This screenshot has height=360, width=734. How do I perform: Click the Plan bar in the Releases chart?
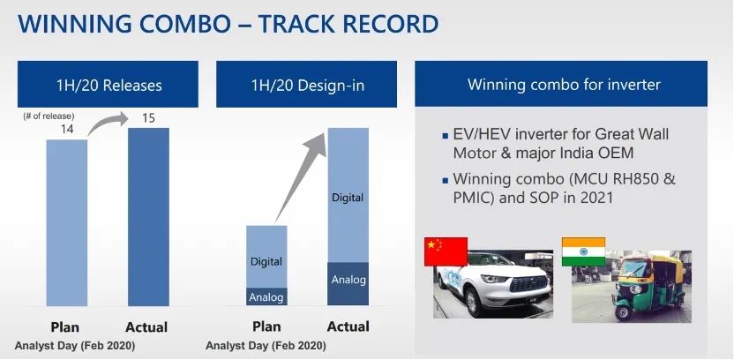pos(66,223)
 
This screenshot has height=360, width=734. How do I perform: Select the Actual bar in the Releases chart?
pos(148,217)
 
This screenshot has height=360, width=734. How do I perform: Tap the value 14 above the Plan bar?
pos(67,129)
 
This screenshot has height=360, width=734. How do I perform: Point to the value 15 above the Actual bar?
pos(148,118)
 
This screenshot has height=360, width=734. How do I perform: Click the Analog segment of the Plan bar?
pos(266,296)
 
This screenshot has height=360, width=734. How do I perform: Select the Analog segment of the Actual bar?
pos(348,284)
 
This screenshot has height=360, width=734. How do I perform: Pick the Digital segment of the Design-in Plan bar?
pos(266,257)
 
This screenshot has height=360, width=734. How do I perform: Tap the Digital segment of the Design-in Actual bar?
pos(348,195)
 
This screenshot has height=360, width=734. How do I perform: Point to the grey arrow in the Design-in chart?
pos(300,177)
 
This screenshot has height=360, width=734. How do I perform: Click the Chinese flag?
pos(446,251)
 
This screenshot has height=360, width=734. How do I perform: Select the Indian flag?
pos(583,251)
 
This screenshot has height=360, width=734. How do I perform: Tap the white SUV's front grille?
pos(528,283)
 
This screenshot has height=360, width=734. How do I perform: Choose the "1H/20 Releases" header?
pos(109,86)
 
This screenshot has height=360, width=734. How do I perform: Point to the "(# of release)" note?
pos(49,116)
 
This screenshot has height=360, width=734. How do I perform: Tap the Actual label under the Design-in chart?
pos(348,326)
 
